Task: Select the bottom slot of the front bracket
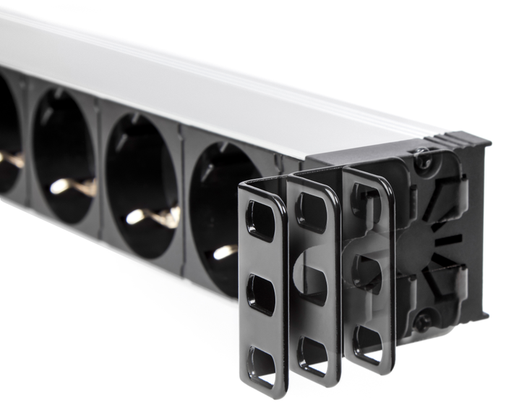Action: (x=262, y=366)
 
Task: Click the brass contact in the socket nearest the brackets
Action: (x=225, y=252)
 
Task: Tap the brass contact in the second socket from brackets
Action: (x=152, y=216)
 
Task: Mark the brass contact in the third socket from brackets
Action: (x=72, y=186)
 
